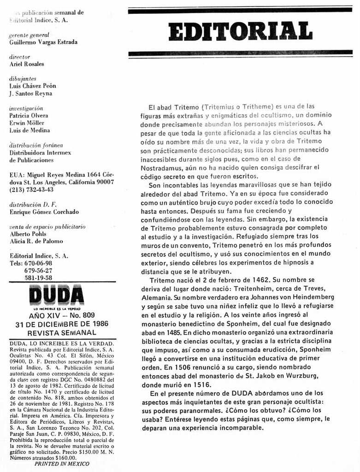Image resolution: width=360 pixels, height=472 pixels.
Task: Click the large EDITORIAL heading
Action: [240, 31]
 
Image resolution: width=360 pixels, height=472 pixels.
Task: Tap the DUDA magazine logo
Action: [56, 295]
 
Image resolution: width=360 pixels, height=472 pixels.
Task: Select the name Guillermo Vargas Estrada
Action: [43, 42]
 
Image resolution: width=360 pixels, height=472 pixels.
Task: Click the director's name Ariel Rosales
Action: [27, 64]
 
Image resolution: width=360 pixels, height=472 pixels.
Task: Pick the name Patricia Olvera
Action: [29, 116]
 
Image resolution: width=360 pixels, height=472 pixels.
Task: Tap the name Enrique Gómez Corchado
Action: [44, 212]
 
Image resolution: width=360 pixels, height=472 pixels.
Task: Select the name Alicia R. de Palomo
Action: [36, 241]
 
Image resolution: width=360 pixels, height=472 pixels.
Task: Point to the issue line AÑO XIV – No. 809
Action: [62, 316]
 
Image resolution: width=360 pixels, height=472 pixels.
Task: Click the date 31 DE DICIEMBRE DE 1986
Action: [62, 324]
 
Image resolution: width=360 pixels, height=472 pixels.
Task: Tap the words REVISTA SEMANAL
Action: [62, 332]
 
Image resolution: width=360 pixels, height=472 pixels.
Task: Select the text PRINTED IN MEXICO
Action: [62, 464]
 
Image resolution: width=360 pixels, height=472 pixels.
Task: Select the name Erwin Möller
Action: [27, 123]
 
